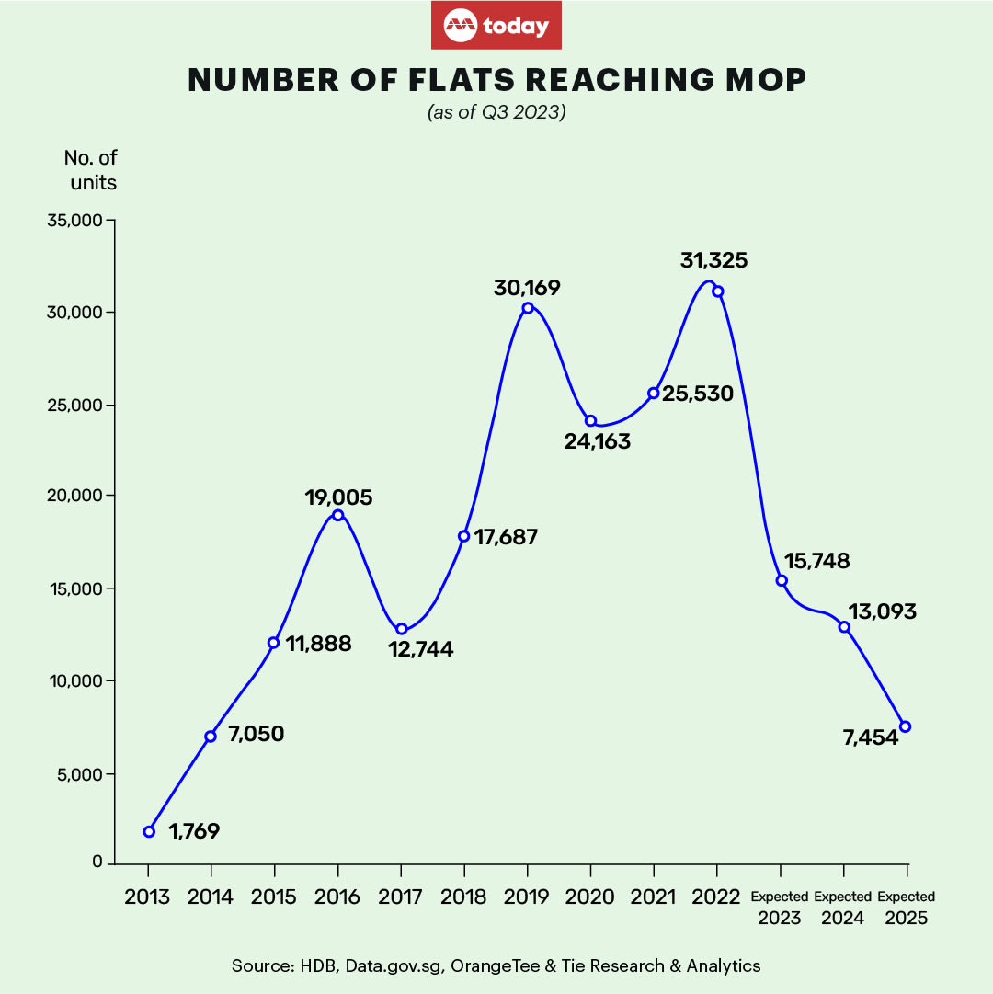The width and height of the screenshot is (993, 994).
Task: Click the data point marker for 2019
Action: [528, 308]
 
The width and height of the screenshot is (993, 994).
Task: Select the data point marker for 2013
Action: [149, 831]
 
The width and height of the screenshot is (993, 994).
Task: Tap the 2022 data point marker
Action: [717, 291]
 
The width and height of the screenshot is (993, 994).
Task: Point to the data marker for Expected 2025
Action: [906, 726]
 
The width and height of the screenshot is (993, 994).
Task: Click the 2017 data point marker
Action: [402, 629]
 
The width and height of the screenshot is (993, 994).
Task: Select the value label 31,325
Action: [713, 260]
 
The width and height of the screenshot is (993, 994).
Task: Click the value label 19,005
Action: [338, 497]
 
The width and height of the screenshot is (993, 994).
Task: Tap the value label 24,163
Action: [597, 441]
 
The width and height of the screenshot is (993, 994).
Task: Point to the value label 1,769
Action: [194, 831]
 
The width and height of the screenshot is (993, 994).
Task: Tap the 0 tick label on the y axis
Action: [96, 863]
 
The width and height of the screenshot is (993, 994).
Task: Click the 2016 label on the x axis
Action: [338, 897]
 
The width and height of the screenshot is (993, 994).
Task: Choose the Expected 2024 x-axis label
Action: [843, 907]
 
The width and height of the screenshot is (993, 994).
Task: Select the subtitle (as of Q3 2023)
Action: [496, 113]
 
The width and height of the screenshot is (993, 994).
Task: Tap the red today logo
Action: [496, 27]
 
